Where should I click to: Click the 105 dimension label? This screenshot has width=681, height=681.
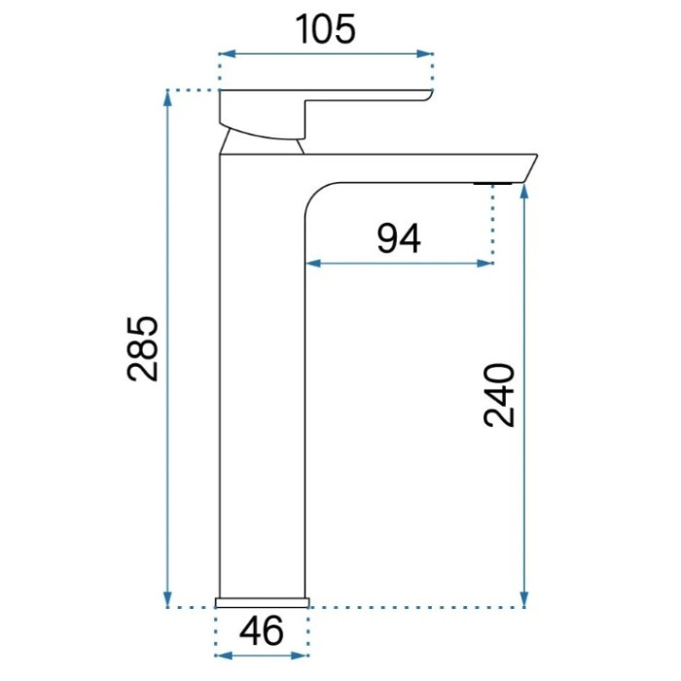coord(325,29)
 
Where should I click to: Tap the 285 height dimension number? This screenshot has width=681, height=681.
coord(143,348)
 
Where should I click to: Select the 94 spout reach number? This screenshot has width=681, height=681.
coord(399,238)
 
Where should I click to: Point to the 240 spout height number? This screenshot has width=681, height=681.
coord(499,395)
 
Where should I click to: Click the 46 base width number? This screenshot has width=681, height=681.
coord(262,630)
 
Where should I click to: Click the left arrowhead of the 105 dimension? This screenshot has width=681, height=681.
coord(227,54)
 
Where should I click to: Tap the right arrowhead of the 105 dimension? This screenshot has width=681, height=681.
coord(424,54)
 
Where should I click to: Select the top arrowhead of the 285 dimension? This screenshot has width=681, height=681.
coord(167,98)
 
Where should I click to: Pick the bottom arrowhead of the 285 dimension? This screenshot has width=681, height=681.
coord(167,598)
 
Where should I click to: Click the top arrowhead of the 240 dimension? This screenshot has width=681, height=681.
coord(524,192)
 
